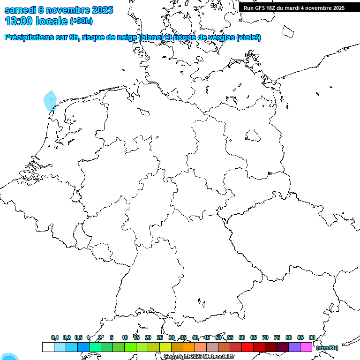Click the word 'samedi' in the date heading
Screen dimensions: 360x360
(20, 10)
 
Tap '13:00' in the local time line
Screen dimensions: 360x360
(19, 21)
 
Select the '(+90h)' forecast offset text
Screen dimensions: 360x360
(81, 21)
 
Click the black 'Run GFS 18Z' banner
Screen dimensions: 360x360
(294, 7)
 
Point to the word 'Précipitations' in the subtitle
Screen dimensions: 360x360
(30, 37)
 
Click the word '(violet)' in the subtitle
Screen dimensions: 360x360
(249, 37)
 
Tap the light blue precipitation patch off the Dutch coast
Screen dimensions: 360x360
(50, 101)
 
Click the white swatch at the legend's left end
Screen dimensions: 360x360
(48, 347)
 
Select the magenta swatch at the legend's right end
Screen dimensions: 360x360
(306, 347)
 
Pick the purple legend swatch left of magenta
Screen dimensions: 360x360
(294, 347)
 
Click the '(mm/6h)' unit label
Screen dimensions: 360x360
(327, 348)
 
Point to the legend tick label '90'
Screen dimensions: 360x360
(312, 337)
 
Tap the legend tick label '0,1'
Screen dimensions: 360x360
(55, 337)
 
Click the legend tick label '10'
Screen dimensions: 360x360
(125, 337)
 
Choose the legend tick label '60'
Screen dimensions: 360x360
(242, 337)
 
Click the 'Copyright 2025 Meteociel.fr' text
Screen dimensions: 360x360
(199, 357)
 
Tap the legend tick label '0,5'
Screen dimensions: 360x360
(78, 337)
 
